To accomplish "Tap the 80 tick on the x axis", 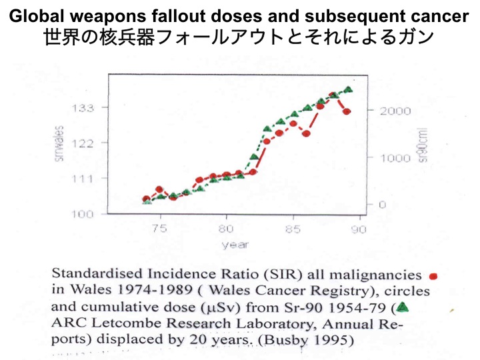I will coord(227,228).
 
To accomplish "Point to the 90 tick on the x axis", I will coord(361,228).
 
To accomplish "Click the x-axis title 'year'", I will coord(235,245).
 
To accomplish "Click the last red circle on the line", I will coord(347,111).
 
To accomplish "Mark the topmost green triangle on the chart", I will coord(348,89).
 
